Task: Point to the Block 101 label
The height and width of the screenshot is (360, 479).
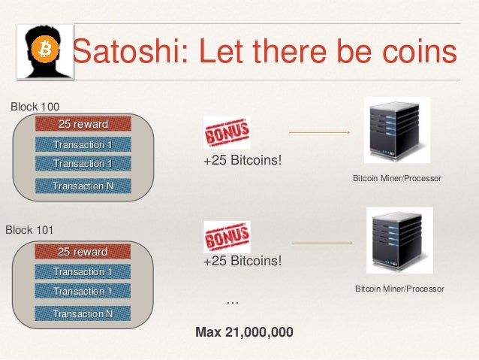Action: pos(31,228)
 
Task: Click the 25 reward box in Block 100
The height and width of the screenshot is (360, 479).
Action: pos(83,123)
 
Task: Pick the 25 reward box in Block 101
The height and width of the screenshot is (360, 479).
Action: pos(83,251)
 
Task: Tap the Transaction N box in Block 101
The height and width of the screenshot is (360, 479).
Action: pos(83,313)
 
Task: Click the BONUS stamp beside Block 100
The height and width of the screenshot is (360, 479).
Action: pos(226,133)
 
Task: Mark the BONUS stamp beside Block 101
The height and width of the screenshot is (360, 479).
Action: pos(226,237)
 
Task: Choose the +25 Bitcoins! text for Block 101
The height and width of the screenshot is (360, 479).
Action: pos(242,262)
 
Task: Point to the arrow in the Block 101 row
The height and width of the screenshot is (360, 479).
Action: pos(322,243)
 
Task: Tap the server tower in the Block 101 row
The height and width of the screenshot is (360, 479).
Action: pos(399,241)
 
